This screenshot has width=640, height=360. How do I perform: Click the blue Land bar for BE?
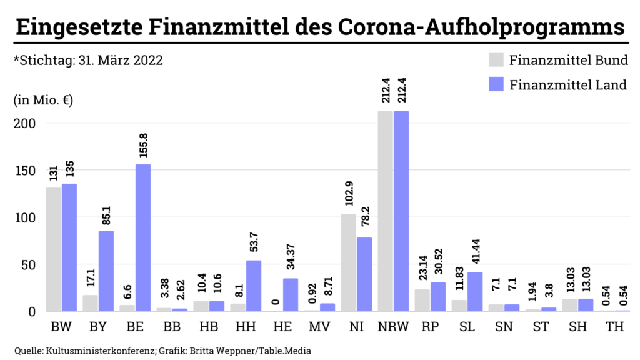click(143, 237)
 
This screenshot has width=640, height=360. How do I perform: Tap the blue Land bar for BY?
click(106, 271)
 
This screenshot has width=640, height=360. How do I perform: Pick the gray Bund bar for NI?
click(348, 262)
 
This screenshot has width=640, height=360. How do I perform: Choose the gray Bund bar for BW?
click(53, 249)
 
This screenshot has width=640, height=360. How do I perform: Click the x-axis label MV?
click(319, 327)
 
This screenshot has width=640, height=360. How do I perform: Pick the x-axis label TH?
click(615, 327)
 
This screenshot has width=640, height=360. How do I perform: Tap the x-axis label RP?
click(430, 327)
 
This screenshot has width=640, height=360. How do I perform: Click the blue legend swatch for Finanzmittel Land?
click(496, 84)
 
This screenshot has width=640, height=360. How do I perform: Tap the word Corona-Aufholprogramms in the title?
click(481, 27)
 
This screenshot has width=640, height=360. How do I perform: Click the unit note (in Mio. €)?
click(42, 101)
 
